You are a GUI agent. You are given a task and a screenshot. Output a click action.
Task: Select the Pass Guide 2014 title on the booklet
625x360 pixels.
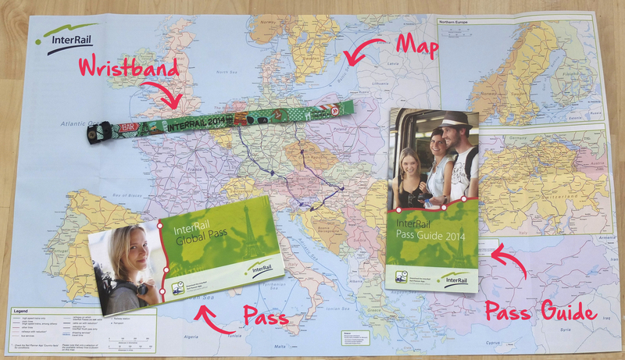click(427, 226)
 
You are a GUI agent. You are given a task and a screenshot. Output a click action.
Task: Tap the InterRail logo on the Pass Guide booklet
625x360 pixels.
click(456, 277)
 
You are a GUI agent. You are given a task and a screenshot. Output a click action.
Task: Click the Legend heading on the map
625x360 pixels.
click(23, 310)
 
